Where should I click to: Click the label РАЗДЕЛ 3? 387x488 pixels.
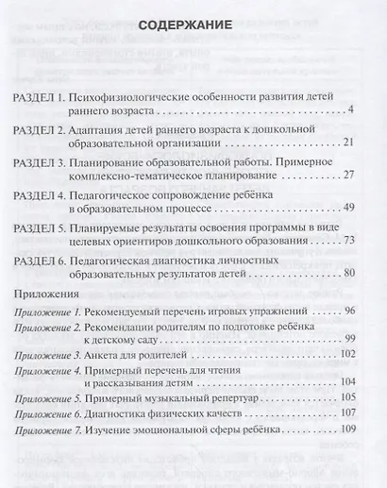tap(42, 162)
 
